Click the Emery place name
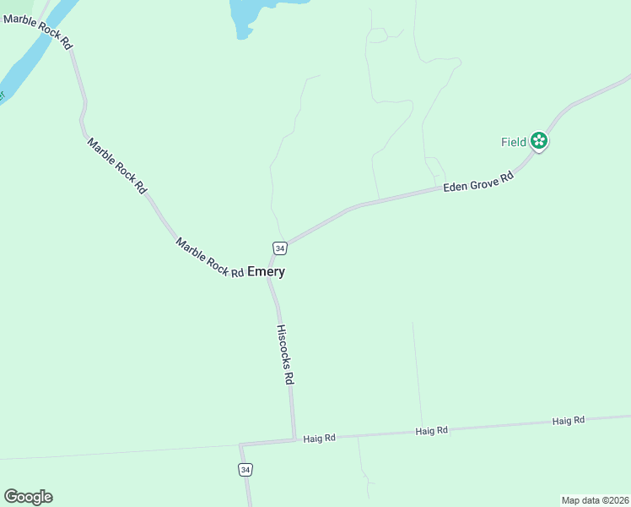click(266, 272)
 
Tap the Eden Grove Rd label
click(478, 183)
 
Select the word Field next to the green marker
click(514, 142)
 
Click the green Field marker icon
click(539, 142)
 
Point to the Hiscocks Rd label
click(286, 355)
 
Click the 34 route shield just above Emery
click(280, 248)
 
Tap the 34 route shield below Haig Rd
click(245, 469)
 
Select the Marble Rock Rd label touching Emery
click(209, 257)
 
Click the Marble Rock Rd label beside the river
click(38, 31)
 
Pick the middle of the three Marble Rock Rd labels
click(116, 166)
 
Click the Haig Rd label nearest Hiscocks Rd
click(320, 438)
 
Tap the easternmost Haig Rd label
click(569, 421)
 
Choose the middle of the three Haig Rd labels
click(431, 431)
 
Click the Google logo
click(28, 497)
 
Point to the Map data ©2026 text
click(595, 499)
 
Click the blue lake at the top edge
click(253, 13)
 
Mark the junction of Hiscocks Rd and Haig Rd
click(294, 439)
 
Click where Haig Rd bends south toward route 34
click(240, 444)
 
